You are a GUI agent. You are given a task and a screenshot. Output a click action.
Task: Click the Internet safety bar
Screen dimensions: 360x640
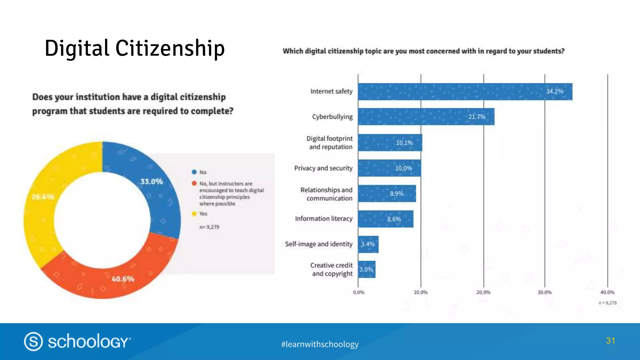pyautogui.click(x=465, y=92)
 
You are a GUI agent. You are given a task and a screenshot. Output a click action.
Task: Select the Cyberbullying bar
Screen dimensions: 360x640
pyautogui.click(x=426, y=117)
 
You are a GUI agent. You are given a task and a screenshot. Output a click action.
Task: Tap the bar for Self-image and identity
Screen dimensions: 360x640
pyautogui.click(x=368, y=244)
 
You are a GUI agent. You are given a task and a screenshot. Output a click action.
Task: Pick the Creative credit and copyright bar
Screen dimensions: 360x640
pyautogui.click(x=367, y=269)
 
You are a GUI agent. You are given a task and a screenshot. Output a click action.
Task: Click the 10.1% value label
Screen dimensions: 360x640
pyautogui.click(x=404, y=143)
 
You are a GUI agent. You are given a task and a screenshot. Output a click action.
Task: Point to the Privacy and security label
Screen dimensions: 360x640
pyautogui.click(x=323, y=168)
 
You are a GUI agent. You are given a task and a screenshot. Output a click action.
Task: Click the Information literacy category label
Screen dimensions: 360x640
pyautogui.click(x=323, y=218)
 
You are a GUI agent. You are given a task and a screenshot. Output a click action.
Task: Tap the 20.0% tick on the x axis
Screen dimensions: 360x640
pyautogui.click(x=483, y=292)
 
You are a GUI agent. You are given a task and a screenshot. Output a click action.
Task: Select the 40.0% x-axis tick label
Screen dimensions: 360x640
pyautogui.click(x=607, y=292)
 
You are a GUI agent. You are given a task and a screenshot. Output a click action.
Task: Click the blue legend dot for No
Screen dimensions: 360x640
pyautogui.click(x=194, y=172)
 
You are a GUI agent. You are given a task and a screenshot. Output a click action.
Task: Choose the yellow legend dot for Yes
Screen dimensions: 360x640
pyautogui.click(x=194, y=214)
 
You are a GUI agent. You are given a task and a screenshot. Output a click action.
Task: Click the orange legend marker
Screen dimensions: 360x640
pyautogui.click(x=194, y=183)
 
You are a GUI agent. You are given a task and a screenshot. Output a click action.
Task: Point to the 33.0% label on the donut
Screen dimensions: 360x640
pyautogui.click(x=152, y=182)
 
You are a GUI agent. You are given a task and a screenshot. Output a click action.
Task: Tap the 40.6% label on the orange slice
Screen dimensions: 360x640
pyautogui.click(x=123, y=279)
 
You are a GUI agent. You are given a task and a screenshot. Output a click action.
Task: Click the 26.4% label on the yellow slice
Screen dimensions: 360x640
pyautogui.click(x=43, y=197)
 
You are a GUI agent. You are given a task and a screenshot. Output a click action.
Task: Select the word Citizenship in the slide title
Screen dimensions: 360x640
pyautogui.click(x=170, y=48)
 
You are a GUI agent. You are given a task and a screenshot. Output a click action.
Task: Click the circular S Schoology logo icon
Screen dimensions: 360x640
pyautogui.click(x=33, y=341)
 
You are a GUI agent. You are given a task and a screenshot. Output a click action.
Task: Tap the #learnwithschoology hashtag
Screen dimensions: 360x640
pyautogui.click(x=320, y=344)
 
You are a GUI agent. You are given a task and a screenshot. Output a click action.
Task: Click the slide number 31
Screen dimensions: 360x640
pyautogui.click(x=610, y=340)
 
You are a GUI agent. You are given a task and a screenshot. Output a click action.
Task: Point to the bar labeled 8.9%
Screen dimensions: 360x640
pyautogui.click(x=387, y=193)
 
